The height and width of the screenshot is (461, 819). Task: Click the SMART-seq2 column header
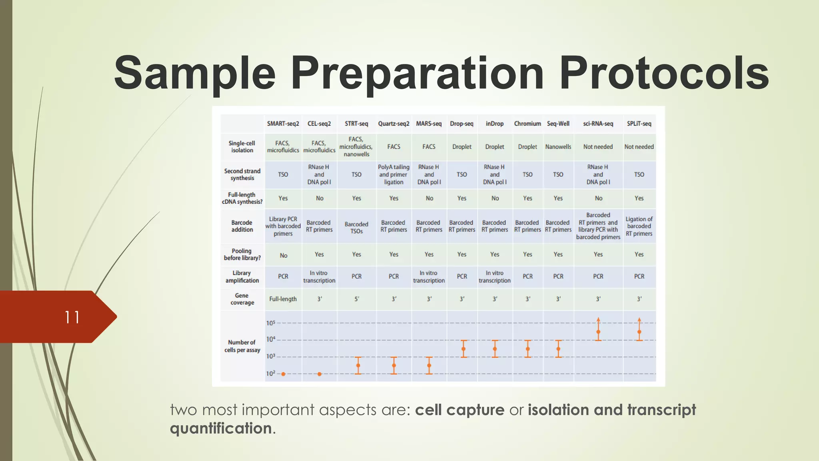click(x=283, y=124)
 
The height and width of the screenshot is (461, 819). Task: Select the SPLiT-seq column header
click(x=639, y=124)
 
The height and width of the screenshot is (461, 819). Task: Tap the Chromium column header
click(x=527, y=124)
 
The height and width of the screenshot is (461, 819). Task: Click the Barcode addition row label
click(x=242, y=226)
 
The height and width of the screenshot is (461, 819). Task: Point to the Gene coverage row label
click(x=242, y=299)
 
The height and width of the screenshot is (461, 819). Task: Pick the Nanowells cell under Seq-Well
click(x=558, y=147)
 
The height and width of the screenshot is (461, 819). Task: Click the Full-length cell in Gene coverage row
click(x=283, y=299)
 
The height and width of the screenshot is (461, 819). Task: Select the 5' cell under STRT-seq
click(x=357, y=299)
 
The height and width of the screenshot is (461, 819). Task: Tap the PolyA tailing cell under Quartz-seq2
click(x=394, y=174)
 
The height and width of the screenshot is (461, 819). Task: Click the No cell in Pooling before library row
click(x=283, y=255)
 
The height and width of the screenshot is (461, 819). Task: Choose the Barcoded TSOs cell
click(x=356, y=228)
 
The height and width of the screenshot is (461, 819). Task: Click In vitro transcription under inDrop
click(x=494, y=277)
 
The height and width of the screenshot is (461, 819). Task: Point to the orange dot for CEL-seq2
click(x=319, y=374)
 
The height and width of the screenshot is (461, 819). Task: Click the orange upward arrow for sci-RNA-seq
click(x=598, y=321)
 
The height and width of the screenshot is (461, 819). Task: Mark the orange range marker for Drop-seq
click(x=463, y=349)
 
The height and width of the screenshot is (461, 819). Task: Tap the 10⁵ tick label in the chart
click(x=270, y=323)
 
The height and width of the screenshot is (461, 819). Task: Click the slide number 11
click(x=72, y=317)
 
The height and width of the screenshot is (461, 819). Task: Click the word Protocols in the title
click(x=664, y=73)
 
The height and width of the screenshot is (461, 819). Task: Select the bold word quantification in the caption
click(x=221, y=429)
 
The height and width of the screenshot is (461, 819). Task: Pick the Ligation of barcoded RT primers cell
click(x=639, y=226)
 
